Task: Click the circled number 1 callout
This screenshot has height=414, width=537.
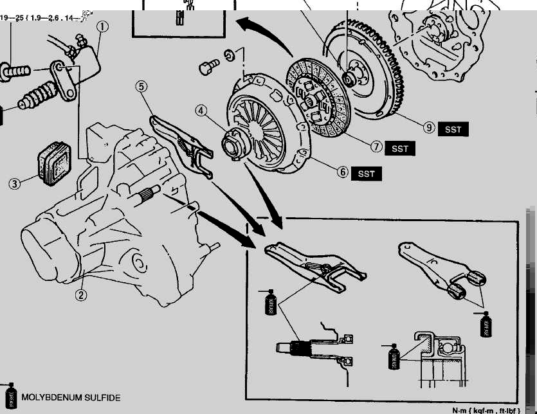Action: pos(102,27)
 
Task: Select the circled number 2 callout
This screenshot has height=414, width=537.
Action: pos(81,295)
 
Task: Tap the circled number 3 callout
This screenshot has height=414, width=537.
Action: pos(14,183)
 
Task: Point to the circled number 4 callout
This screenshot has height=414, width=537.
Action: pos(201,111)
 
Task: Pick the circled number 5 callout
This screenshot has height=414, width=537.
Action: pos(142,86)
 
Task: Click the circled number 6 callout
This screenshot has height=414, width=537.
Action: pos(342,172)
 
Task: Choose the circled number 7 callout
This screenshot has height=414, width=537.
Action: pos(377,147)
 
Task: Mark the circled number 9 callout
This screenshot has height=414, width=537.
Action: pos(429,128)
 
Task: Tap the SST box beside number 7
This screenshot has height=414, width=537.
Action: pos(400,148)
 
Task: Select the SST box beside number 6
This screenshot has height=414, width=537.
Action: pos(366,174)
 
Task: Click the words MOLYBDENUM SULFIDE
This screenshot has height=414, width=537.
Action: pos(71,398)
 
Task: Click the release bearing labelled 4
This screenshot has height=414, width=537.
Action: pos(233,140)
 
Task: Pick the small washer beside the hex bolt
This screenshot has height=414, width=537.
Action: pos(229,55)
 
